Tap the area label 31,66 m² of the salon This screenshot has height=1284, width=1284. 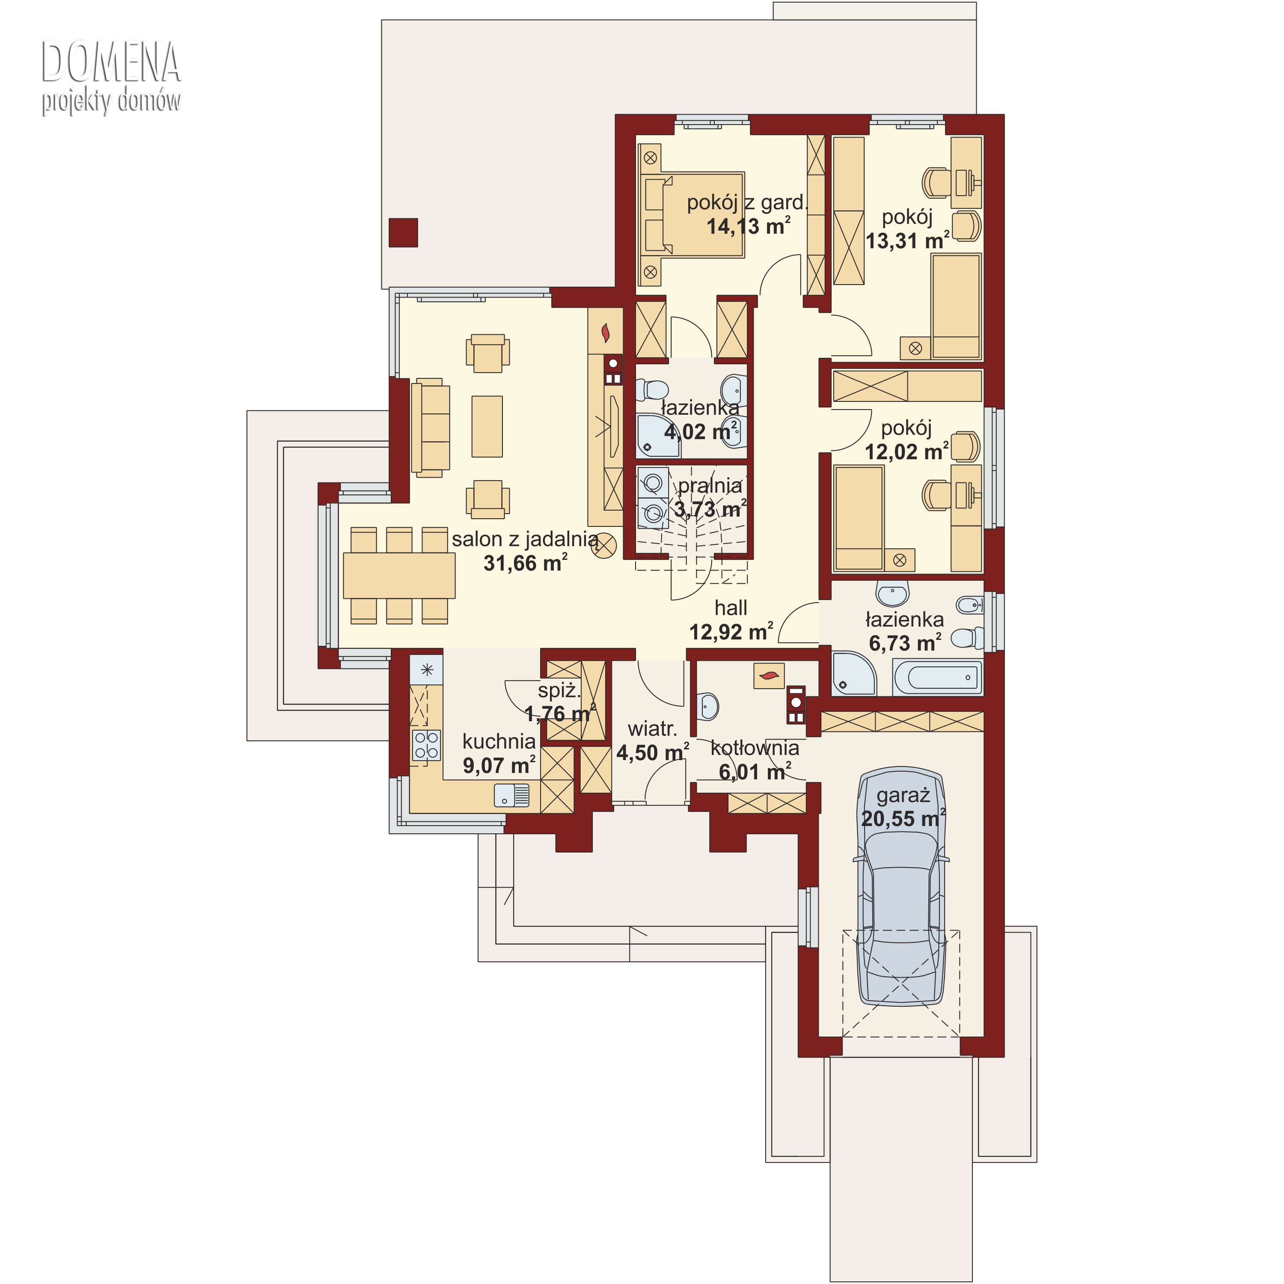point(525,563)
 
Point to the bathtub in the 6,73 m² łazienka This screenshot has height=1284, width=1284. point(938,677)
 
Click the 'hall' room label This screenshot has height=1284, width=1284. point(731,607)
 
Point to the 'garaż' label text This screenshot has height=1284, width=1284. point(903,796)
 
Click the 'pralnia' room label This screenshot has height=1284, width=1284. point(710,486)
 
